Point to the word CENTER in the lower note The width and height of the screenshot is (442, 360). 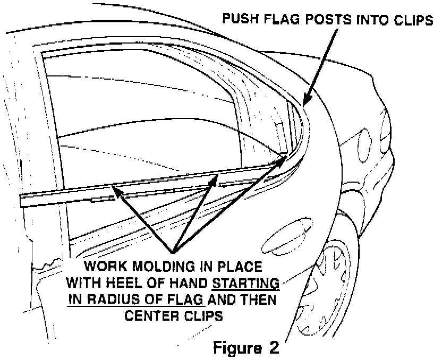(x=151, y=315)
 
